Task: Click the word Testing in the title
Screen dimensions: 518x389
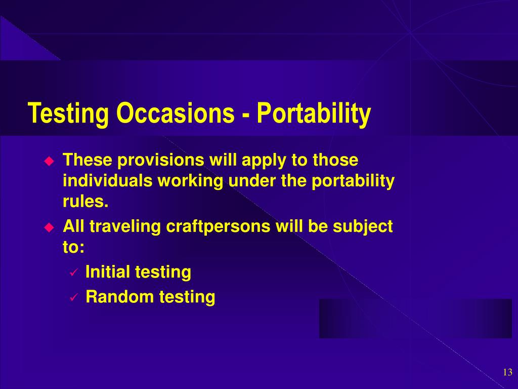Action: [68, 113]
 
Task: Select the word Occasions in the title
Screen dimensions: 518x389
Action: [176, 113]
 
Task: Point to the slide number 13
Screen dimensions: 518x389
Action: [507, 372]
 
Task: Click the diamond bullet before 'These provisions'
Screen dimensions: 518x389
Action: [49, 161]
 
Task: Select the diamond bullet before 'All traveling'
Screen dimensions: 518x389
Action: [49, 227]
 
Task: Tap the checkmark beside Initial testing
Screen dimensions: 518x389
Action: [73, 273]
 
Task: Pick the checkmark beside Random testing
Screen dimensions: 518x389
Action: [73, 297]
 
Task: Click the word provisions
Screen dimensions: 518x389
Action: [161, 160]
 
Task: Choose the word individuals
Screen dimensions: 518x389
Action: [108, 181]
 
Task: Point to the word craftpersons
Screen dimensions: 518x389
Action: [218, 227]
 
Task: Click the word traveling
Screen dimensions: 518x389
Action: [125, 227]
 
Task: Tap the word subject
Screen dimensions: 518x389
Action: [362, 227]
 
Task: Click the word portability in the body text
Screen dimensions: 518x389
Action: [353, 181]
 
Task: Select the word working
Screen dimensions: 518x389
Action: [190, 181]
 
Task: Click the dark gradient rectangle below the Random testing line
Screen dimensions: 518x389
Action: [415, 319]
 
